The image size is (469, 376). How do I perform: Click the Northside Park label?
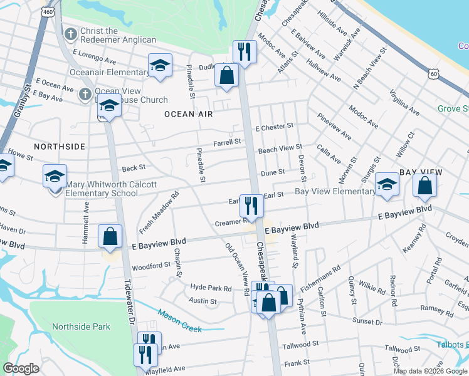(x=82, y=326)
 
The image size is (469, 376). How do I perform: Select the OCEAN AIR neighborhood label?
(x=189, y=114)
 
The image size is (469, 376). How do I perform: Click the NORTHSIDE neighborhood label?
(x=60, y=146)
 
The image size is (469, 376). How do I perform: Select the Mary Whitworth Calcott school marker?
(x=55, y=177)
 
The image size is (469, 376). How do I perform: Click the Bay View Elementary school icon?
(x=387, y=184)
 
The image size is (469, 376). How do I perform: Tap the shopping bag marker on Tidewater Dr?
(x=110, y=238)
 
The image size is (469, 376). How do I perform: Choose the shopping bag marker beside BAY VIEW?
(x=425, y=185)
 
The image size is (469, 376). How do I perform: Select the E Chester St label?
(x=274, y=127)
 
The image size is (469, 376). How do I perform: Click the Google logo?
(x=21, y=368)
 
